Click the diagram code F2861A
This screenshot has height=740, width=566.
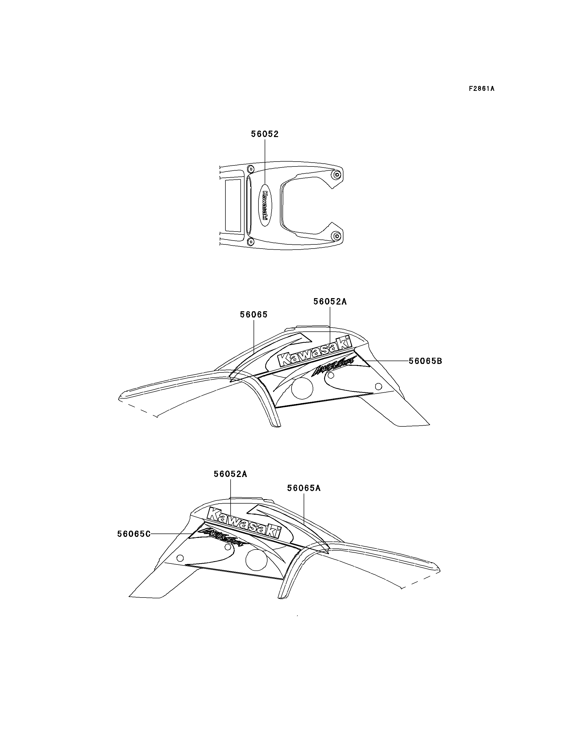tap(482, 89)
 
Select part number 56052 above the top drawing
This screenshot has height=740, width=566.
tap(265, 134)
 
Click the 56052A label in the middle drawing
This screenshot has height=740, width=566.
tap(330, 301)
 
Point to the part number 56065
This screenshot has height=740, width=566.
tap(254, 315)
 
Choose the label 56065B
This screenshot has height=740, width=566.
tap(425, 361)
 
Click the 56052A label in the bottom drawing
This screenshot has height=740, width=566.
tap(230, 474)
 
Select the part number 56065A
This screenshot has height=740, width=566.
tap(304, 488)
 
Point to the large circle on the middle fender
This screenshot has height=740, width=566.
tap(302, 388)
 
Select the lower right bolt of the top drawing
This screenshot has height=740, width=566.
tap(336, 236)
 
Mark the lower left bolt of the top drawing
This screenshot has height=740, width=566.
tap(251, 241)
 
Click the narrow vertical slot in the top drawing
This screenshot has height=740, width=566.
tap(249, 205)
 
